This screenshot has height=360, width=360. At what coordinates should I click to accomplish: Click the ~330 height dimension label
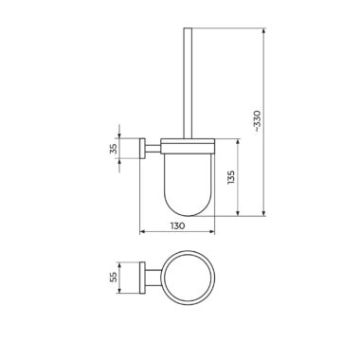(x=258, y=121)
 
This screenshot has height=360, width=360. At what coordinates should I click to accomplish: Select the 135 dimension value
(x=231, y=177)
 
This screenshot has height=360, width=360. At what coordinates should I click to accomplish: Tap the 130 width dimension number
(x=177, y=226)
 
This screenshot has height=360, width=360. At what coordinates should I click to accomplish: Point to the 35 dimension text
(x=114, y=149)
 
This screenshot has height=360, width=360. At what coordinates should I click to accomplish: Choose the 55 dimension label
(x=114, y=278)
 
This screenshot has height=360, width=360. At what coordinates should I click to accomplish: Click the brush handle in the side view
(x=188, y=83)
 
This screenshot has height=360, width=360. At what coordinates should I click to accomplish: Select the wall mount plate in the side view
(x=142, y=149)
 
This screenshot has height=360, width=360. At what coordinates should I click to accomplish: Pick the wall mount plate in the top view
(x=142, y=278)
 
